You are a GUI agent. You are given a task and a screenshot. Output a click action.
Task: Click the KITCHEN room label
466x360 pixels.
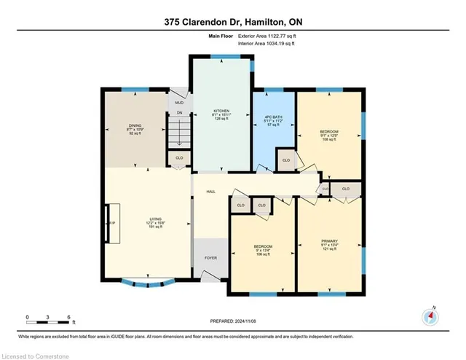(221, 111)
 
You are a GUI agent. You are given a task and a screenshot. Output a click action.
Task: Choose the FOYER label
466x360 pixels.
(210, 258)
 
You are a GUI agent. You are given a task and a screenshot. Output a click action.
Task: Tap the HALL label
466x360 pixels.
(210, 191)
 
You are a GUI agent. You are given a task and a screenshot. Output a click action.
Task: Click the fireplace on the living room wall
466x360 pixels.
(111, 223)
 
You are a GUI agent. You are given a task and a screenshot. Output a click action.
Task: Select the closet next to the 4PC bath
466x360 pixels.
(286, 160)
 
